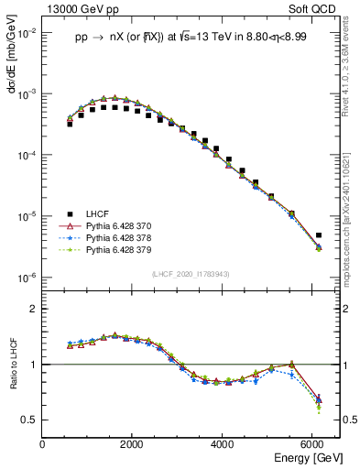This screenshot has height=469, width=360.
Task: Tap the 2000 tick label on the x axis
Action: tap(132, 442)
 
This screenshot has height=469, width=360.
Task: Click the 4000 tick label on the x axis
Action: tap(223, 442)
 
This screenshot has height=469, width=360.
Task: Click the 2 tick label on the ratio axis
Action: tap(34, 309)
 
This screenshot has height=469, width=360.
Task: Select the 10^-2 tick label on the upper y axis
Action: tap(27, 33)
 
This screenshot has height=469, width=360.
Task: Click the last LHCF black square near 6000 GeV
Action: tap(318, 235)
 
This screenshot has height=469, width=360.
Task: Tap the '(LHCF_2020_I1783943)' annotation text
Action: tap(190, 274)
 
